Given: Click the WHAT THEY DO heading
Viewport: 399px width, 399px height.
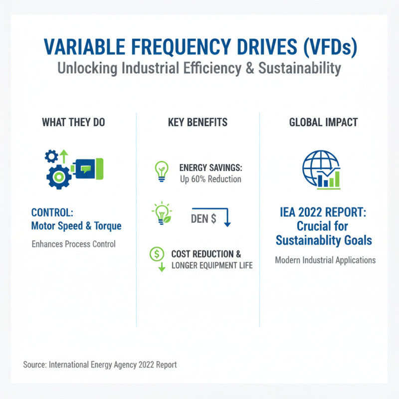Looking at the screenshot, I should pyautogui.click(x=73, y=122).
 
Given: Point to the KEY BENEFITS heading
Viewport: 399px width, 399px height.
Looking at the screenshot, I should pyautogui.click(x=199, y=122).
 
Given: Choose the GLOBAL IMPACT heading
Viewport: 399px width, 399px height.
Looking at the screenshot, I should pyautogui.click(x=323, y=122).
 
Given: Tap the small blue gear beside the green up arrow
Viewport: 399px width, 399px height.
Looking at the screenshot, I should pyautogui.click(x=51, y=157).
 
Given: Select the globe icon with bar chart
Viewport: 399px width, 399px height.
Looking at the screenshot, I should pyautogui.click(x=322, y=170).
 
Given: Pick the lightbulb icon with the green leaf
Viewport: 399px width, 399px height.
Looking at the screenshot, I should pyautogui.click(x=162, y=213).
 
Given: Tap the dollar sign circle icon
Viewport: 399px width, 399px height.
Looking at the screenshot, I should pyautogui.click(x=157, y=254).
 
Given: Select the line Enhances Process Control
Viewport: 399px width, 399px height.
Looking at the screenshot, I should pyautogui.click(x=73, y=244).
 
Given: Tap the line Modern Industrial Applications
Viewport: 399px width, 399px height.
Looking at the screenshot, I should pyautogui.click(x=325, y=260).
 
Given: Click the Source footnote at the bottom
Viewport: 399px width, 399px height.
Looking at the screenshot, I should pyautogui.click(x=100, y=365).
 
